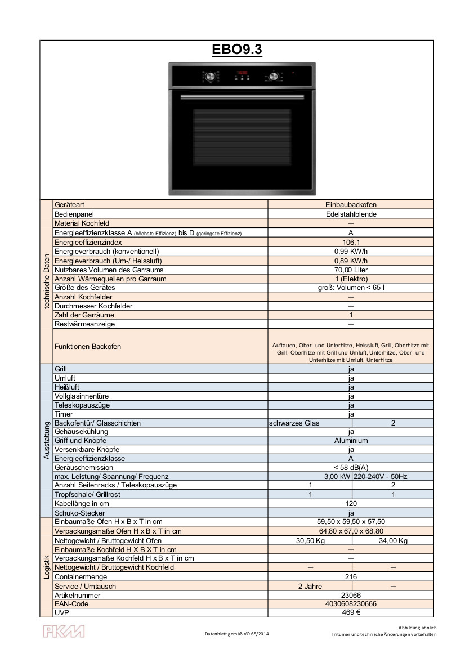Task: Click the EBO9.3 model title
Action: tap(236, 50)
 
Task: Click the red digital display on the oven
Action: tap(243, 73)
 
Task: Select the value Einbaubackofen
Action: tap(351, 205)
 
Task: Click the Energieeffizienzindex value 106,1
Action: tap(351, 242)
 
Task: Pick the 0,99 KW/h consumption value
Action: tap(351, 251)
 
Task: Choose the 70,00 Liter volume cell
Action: tap(351, 270)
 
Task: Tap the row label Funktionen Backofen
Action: tap(87, 347)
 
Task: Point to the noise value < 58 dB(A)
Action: tap(351, 468)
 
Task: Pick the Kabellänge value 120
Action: tap(351, 504)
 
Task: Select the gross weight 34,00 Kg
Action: tap(393, 541)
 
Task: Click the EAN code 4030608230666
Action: tap(351, 604)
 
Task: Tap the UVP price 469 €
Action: tap(351, 613)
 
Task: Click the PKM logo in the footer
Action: tap(64, 631)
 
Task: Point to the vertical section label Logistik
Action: tap(46, 567)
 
